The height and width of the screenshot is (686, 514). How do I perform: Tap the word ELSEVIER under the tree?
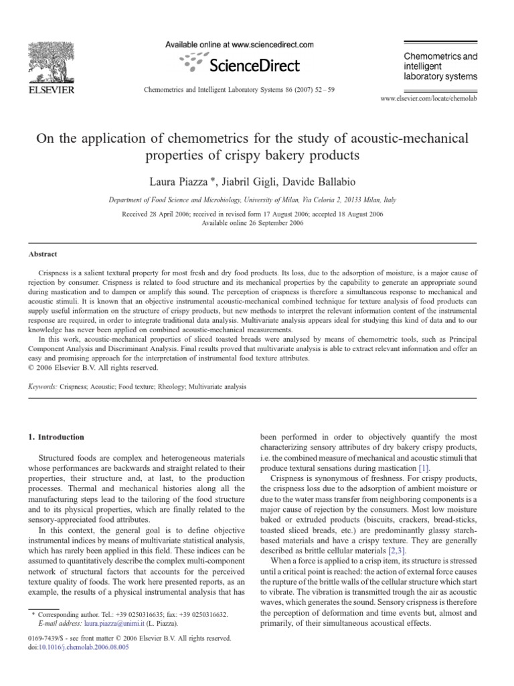click(50, 90)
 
